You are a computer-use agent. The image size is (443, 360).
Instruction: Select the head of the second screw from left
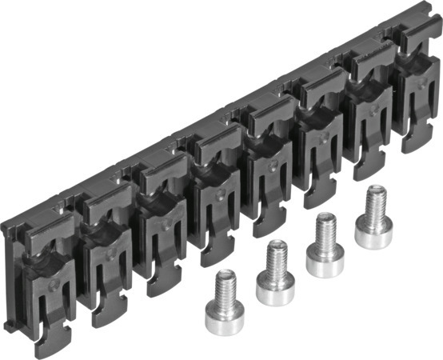[275, 286]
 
